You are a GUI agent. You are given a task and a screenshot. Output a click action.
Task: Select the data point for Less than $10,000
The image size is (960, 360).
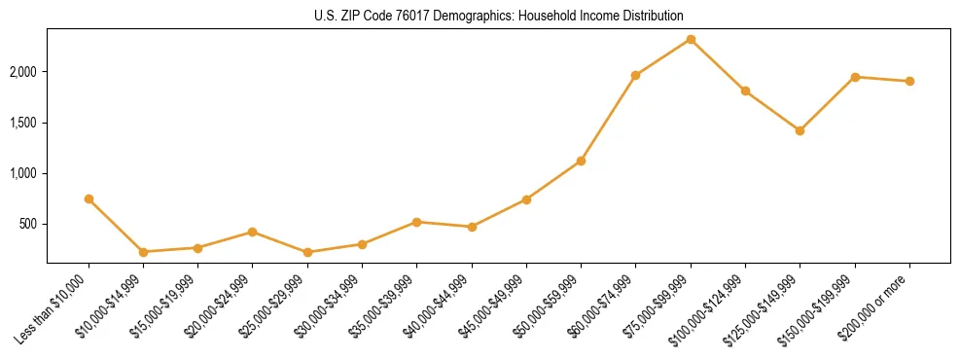[x=89, y=198]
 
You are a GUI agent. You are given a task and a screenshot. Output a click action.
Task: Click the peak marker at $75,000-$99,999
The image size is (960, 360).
[x=691, y=39]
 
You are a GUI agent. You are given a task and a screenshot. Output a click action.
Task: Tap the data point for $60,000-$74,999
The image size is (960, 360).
[x=635, y=75]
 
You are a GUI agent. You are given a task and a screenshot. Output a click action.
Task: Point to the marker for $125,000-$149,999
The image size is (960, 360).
[x=800, y=130]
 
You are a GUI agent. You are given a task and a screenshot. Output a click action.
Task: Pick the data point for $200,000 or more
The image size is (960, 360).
[x=909, y=81]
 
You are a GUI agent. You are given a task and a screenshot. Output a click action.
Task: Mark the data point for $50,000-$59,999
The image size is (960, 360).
[x=581, y=161]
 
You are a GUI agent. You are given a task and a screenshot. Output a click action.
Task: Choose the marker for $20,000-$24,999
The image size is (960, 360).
[x=253, y=232]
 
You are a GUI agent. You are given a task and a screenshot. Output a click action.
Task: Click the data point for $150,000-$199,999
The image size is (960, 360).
[x=855, y=77]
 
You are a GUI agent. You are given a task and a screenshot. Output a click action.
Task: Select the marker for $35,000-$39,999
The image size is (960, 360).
[x=416, y=222]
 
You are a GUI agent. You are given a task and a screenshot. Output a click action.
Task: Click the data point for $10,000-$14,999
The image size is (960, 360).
[x=143, y=252]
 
